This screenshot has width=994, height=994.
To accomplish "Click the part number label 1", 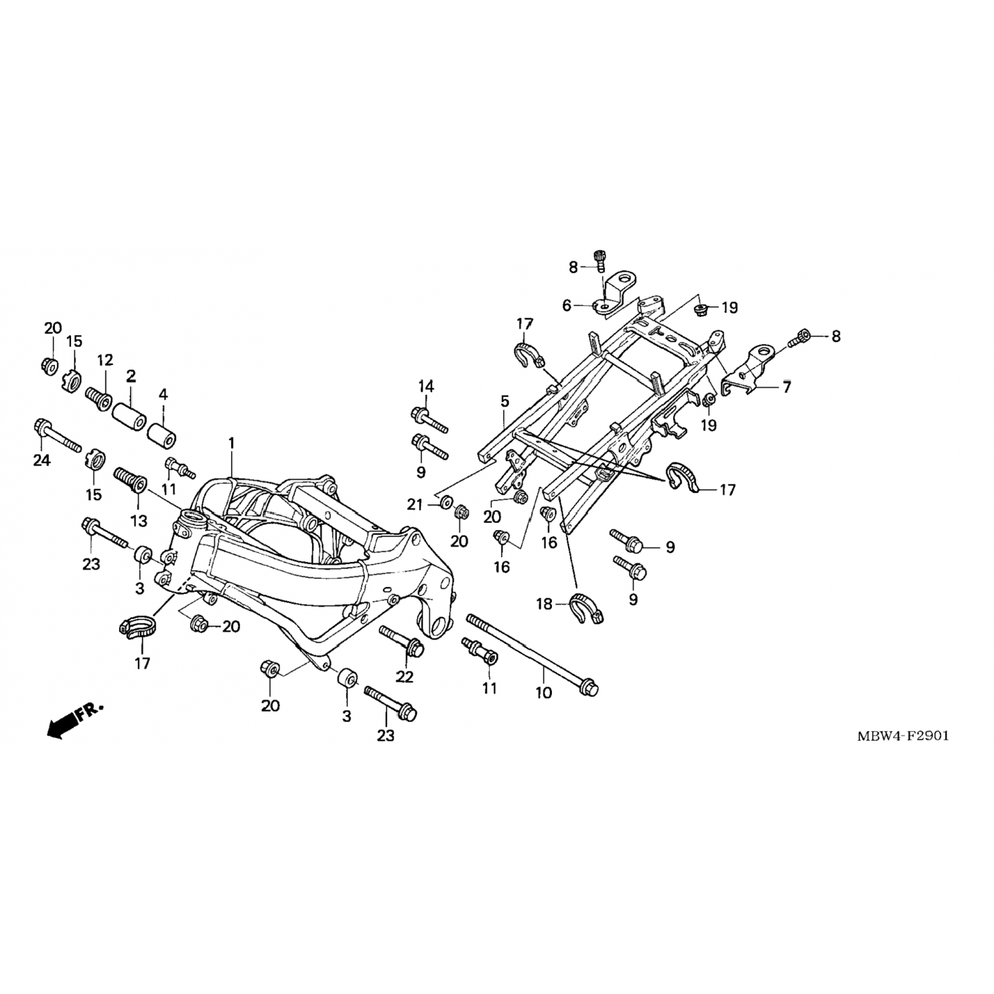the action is pos(232,443).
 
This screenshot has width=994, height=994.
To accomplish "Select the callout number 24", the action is pos(42,460).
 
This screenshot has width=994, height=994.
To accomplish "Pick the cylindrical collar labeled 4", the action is pos(163,435).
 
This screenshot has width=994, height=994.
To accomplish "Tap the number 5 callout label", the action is pos(505,402).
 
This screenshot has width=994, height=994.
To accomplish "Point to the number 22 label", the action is pos(404,677).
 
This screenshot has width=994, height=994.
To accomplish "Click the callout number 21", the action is pos(415,505).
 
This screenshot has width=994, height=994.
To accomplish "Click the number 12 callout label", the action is pos(105,361).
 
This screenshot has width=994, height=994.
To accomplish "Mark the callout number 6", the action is pos(567,306).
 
